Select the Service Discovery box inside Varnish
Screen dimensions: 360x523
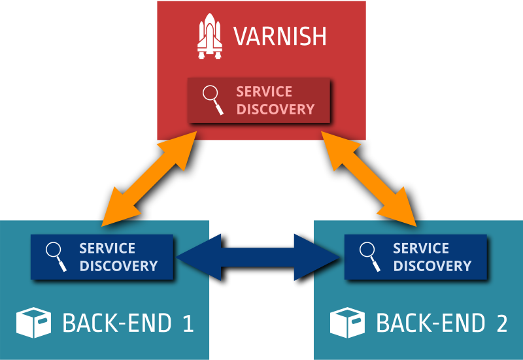[259, 100]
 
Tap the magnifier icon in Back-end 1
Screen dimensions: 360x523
[56, 257]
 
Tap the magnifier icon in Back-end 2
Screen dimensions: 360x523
[369, 257]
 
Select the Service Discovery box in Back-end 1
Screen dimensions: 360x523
[102, 257]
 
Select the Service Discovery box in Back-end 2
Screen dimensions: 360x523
[416, 257]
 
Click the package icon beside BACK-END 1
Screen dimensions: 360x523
[33, 323]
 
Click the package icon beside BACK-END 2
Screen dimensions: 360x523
[346, 323]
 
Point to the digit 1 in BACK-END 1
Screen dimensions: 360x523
[188, 323]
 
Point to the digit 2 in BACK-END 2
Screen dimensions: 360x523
[501, 323]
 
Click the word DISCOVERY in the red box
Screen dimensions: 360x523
[275, 109]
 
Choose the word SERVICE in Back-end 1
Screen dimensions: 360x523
[107, 248]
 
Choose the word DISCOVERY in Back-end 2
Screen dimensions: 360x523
[432, 266]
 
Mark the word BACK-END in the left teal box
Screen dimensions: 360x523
[117, 323]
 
